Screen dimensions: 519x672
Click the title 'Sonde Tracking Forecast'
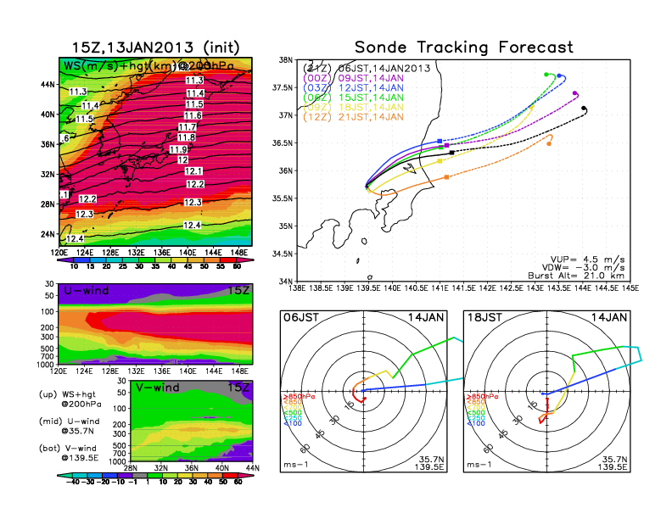pyautogui.click(x=463, y=47)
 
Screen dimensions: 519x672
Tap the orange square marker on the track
pyautogui.click(x=446, y=177)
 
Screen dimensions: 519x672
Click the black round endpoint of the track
pyautogui.click(x=585, y=109)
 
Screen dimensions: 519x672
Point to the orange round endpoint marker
pyautogui.click(x=549, y=143)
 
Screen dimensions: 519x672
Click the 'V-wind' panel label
pyautogui.click(x=157, y=388)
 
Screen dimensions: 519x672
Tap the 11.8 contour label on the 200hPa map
pyautogui.click(x=187, y=137)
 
